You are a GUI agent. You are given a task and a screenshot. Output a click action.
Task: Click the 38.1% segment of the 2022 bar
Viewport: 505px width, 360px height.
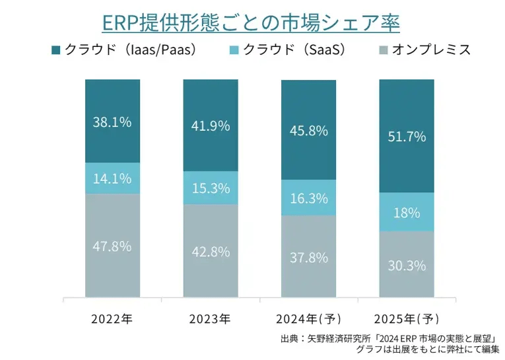tap(113, 122)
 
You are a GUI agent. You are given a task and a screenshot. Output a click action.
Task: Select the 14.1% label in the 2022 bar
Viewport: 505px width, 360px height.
tap(113, 178)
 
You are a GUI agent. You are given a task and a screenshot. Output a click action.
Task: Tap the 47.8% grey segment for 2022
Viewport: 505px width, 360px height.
tap(113, 246)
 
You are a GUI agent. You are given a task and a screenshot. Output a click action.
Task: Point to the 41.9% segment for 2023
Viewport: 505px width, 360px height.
tap(210, 126)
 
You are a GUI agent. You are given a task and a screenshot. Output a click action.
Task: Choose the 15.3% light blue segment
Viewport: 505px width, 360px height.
tap(210, 188)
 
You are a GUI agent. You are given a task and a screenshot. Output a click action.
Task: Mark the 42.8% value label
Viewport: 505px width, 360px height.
tap(210, 252)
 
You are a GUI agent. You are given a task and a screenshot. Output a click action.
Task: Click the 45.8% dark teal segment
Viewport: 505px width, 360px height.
tap(308, 130)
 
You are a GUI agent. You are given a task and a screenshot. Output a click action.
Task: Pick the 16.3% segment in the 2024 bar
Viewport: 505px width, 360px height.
tap(308, 198)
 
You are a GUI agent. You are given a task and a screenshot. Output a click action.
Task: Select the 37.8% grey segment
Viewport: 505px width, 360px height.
tap(308, 258)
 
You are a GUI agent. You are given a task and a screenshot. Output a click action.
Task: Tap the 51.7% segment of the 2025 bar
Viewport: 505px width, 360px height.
tap(406, 137)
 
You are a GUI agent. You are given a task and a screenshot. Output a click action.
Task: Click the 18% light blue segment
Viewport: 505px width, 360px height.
tap(406, 213)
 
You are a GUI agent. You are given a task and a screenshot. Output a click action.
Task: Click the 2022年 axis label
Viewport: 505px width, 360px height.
tap(112, 320)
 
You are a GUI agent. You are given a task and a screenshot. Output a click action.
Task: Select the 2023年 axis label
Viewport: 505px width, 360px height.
tap(210, 320)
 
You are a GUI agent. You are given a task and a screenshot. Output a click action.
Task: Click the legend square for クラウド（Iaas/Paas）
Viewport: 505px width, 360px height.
tap(55, 50)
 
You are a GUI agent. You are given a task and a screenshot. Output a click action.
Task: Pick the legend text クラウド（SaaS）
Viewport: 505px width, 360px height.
tap(294, 50)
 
